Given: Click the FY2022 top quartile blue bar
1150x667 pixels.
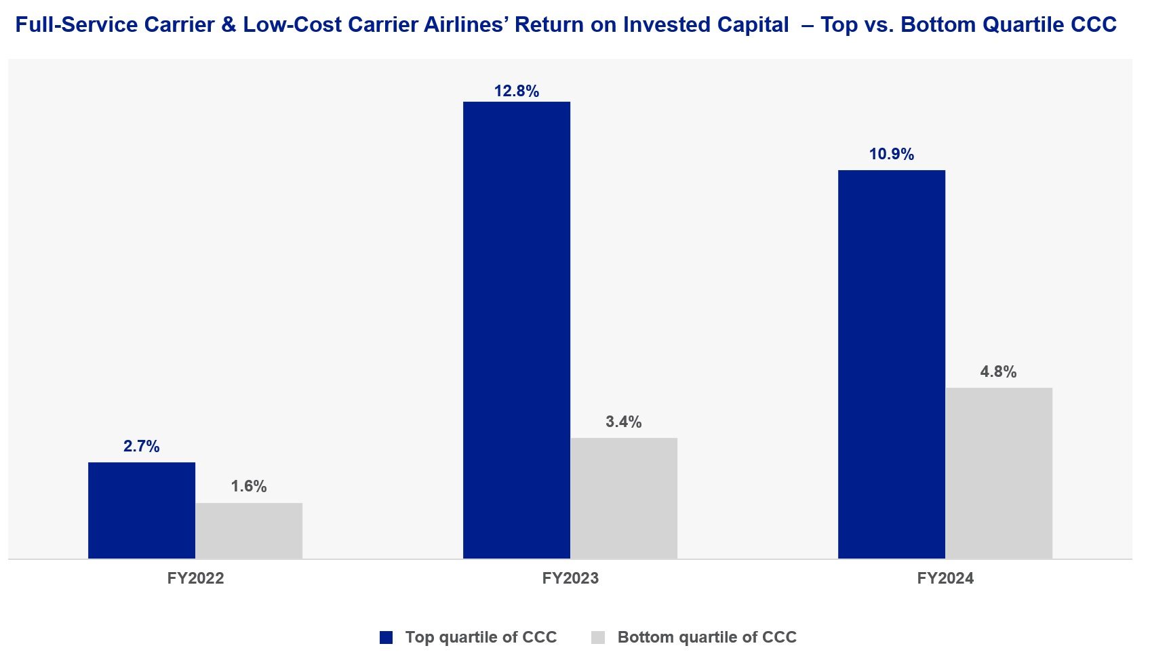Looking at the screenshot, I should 142,510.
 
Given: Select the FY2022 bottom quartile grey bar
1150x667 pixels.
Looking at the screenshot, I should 249,531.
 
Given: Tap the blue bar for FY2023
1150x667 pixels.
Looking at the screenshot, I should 517,330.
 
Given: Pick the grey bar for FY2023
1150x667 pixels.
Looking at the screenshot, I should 624,498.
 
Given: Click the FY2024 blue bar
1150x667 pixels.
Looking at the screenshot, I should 892,364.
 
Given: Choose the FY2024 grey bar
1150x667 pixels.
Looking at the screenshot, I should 999,473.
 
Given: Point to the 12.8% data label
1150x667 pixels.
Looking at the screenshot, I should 517,91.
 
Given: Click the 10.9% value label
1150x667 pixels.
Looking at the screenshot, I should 892,155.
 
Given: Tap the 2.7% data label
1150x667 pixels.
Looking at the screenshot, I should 142,446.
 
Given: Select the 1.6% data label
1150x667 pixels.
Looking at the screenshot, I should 249,486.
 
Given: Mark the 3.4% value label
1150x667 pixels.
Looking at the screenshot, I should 624,422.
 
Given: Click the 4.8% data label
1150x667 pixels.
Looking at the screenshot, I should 999,371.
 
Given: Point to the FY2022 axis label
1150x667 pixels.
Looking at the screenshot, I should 196,578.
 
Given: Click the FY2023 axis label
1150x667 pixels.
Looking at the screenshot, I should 570,578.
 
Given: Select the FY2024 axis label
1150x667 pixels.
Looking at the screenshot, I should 945,578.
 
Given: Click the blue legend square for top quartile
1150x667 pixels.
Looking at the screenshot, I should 386,637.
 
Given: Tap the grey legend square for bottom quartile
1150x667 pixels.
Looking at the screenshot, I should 598,637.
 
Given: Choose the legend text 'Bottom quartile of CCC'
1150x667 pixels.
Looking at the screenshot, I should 707,637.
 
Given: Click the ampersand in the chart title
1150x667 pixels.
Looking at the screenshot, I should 229,25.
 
